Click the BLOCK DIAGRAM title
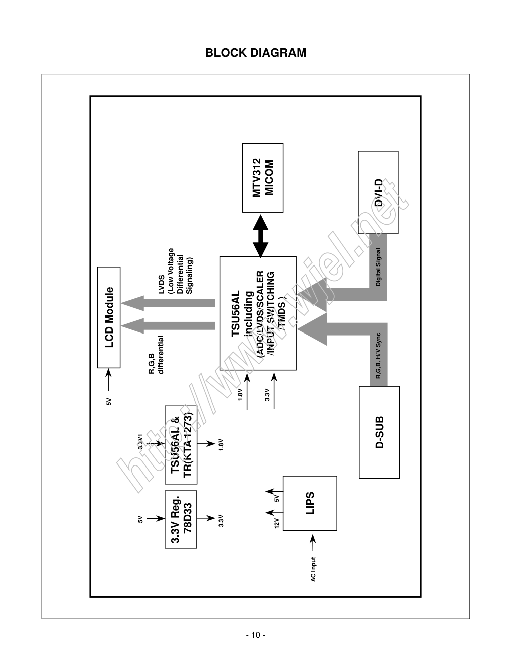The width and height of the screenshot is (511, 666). [255, 53]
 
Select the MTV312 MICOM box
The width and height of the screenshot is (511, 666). [263, 178]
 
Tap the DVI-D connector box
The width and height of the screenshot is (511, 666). [378, 192]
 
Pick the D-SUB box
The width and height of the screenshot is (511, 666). [379, 432]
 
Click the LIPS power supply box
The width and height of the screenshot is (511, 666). [310, 503]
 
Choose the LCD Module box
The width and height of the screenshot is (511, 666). [109, 317]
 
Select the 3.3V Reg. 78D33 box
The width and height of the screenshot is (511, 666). [181, 519]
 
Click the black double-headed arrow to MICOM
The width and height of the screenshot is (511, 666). [261, 235]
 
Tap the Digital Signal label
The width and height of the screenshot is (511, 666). [378, 267]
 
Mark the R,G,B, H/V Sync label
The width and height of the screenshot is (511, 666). [378, 355]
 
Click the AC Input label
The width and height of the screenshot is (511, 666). [313, 569]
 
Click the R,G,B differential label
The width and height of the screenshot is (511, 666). [156, 355]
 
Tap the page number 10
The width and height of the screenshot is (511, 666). [255, 635]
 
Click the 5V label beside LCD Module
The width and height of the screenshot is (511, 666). [108, 402]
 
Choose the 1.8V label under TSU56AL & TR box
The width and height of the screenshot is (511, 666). [221, 444]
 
